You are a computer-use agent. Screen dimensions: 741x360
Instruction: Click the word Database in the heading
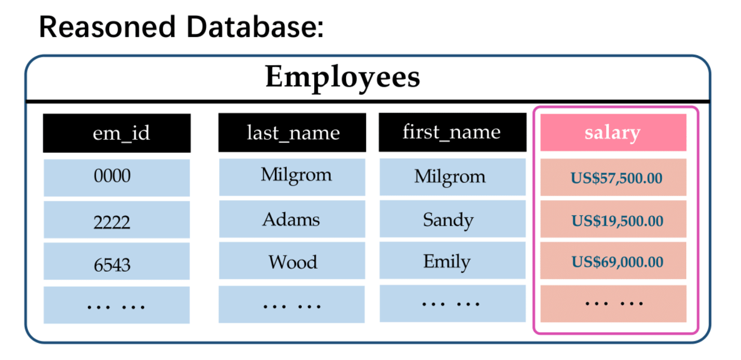point(255,27)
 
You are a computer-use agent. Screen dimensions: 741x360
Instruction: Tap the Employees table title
point(343,77)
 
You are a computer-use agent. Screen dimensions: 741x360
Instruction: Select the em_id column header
point(117,133)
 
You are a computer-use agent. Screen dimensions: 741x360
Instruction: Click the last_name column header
point(292,133)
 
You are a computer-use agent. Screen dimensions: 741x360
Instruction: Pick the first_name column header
point(453,132)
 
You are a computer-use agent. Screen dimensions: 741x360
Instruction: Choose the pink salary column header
point(613,133)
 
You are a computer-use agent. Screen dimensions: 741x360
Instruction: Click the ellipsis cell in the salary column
point(613,304)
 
